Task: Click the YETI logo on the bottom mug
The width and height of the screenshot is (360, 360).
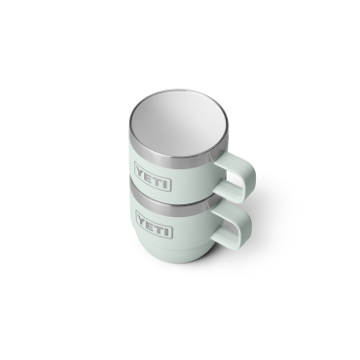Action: pyautogui.click(x=154, y=232)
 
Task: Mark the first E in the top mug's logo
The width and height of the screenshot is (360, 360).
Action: pyautogui.click(x=148, y=178)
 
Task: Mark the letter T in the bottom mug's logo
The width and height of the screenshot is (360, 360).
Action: pyautogui.click(x=159, y=234)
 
